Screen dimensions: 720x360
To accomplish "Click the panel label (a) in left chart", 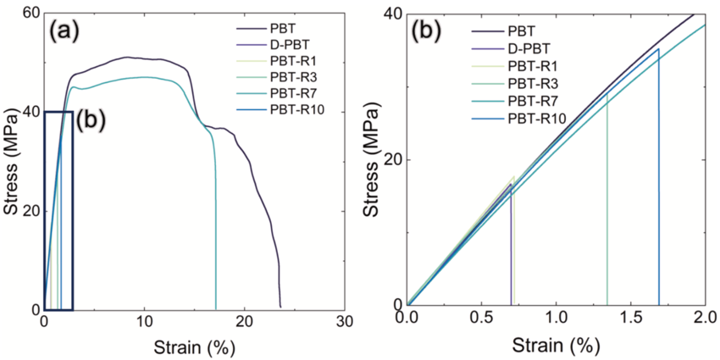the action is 64,32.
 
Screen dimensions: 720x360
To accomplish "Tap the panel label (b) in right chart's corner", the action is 426,32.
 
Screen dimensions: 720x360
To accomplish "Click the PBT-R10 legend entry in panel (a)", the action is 281,110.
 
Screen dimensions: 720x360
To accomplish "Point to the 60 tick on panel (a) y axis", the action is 30,13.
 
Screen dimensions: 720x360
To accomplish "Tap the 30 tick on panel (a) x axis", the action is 345,323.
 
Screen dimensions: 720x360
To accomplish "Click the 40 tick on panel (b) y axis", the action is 393,14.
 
